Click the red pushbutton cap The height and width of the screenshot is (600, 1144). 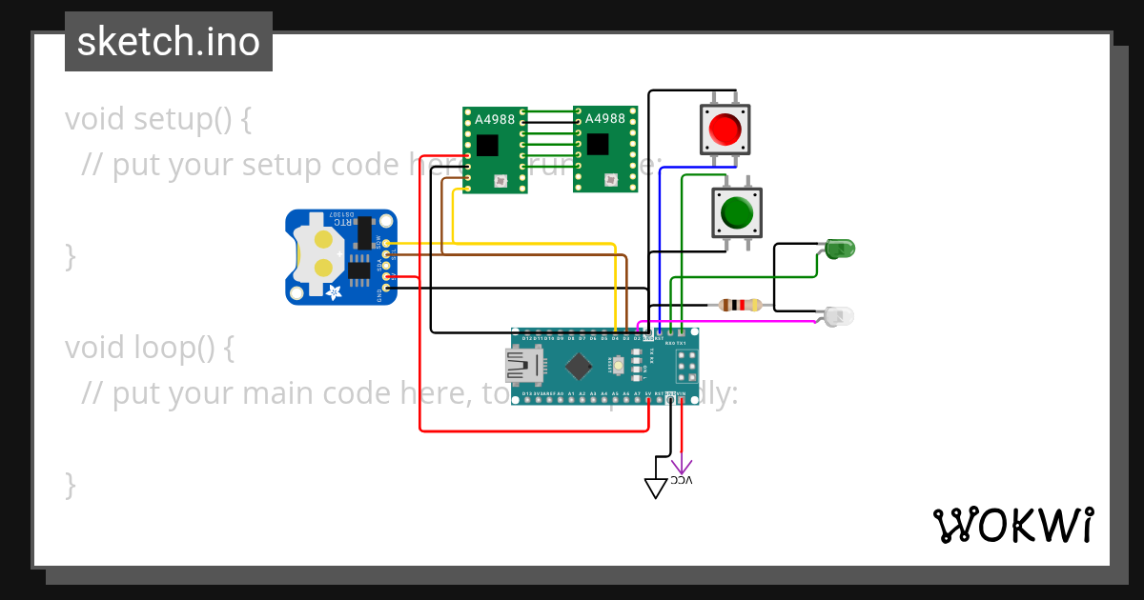[x=725, y=129]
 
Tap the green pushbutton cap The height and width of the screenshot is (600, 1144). [x=737, y=211]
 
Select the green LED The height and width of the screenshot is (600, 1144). [x=840, y=250]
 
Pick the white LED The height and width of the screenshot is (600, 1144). [x=840, y=315]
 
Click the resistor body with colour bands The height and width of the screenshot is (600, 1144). [x=741, y=306]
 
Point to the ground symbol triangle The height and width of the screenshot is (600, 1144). [x=656, y=488]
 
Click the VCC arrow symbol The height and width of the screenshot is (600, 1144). [x=682, y=468]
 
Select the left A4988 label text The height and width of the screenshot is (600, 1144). [x=496, y=119]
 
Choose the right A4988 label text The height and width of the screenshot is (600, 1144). [x=605, y=119]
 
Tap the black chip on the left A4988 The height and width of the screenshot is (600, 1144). [x=487, y=145]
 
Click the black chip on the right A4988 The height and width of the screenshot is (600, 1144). [x=597, y=145]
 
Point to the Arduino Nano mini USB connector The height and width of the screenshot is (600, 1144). [x=523, y=365]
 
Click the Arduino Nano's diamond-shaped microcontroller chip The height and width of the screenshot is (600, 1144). [x=578, y=366]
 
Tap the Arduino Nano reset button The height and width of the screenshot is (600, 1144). [x=620, y=365]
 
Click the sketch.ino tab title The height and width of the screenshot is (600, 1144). [x=169, y=42]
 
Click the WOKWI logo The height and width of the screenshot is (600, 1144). [x=1012, y=525]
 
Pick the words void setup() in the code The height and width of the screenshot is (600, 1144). [x=158, y=120]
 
